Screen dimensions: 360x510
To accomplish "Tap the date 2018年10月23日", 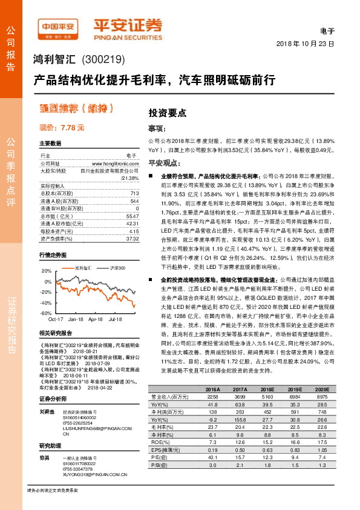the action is point(305,45).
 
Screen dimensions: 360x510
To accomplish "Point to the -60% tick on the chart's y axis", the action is point(45,313).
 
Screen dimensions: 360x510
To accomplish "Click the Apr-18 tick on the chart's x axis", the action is point(96,318).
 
